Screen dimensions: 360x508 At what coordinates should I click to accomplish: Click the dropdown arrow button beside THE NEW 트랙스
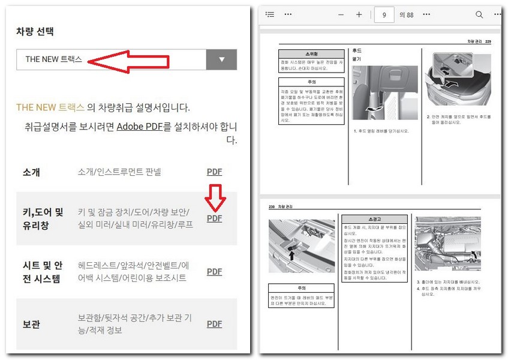(x=221, y=59)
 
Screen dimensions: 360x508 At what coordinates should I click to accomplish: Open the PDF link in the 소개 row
(x=214, y=172)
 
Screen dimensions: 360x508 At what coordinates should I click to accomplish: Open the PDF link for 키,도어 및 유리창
(x=214, y=218)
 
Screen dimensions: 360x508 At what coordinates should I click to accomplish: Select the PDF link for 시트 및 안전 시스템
(x=214, y=271)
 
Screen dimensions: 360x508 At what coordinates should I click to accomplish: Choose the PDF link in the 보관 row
(x=214, y=324)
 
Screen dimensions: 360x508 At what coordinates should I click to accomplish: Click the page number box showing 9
(x=383, y=14)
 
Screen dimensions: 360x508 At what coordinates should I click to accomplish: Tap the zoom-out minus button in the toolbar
(x=341, y=14)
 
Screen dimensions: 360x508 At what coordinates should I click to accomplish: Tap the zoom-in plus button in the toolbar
(x=359, y=14)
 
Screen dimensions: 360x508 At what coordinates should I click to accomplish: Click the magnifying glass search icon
(x=479, y=14)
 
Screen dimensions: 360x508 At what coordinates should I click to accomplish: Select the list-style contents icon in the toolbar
(x=270, y=14)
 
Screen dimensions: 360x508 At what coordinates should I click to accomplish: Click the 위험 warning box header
(x=311, y=53)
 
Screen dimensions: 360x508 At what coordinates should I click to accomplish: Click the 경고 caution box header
(x=377, y=218)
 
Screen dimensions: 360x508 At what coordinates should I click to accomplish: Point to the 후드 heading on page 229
(x=357, y=51)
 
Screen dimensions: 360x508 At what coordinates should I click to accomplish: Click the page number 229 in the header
(x=488, y=41)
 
